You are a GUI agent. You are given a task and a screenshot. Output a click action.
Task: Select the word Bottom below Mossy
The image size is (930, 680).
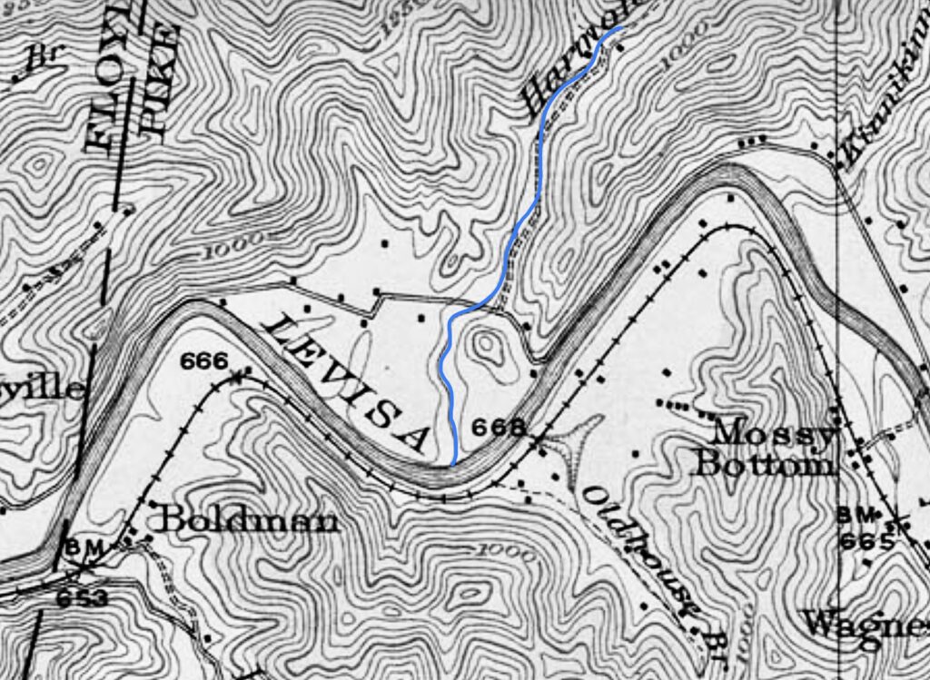coord(762,465)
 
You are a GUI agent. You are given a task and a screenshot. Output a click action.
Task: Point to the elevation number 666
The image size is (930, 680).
coord(203,360)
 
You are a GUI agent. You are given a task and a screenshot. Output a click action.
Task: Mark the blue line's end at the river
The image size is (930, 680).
coord(453,463)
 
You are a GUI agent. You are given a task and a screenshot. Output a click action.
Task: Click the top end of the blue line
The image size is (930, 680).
coord(622,28)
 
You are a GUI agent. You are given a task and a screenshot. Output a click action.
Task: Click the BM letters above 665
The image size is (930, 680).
coord(856,515)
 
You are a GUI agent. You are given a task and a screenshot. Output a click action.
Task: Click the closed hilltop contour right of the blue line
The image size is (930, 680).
coord(488,346)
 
